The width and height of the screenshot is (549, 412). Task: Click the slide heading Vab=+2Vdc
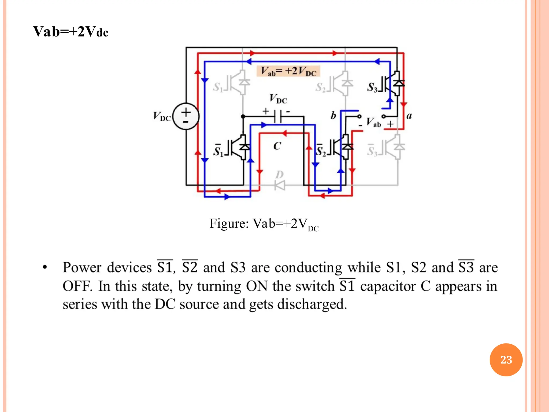71,32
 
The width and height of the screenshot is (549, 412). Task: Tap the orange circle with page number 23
506,360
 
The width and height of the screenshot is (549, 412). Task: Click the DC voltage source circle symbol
186,116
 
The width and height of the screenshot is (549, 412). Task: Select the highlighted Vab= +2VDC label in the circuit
288,71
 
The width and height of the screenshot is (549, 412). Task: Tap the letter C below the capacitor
277,146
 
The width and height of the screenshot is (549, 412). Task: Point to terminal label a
409,116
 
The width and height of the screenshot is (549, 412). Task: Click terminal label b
333,115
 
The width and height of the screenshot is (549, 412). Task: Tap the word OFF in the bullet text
77,286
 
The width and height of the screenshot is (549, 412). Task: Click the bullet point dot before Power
45,267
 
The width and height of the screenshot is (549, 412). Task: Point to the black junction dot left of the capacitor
243,116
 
